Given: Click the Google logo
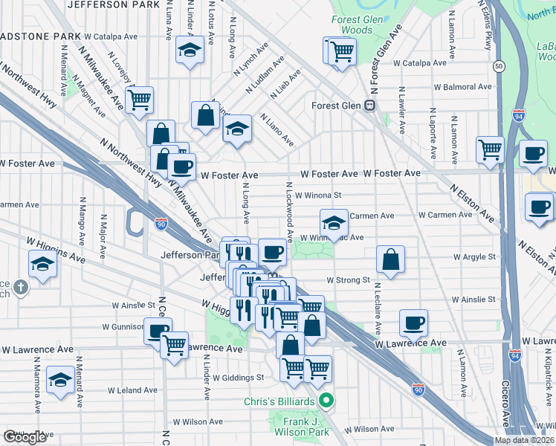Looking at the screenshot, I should [x=25, y=437].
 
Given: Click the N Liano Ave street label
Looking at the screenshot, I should [x=277, y=130].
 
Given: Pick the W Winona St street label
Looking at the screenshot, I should [x=317, y=195].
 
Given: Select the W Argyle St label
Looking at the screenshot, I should [x=474, y=257].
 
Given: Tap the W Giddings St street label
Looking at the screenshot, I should [x=238, y=377].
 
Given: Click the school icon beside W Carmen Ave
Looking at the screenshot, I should [x=334, y=222].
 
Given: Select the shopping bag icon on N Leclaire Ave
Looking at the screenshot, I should [x=390, y=260].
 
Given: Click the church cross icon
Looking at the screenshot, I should [x=22, y=286].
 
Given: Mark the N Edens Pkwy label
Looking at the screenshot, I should [x=488, y=33].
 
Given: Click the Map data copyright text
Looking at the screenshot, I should [x=523, y=440].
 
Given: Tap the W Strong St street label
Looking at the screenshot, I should [x=349, y=280].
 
